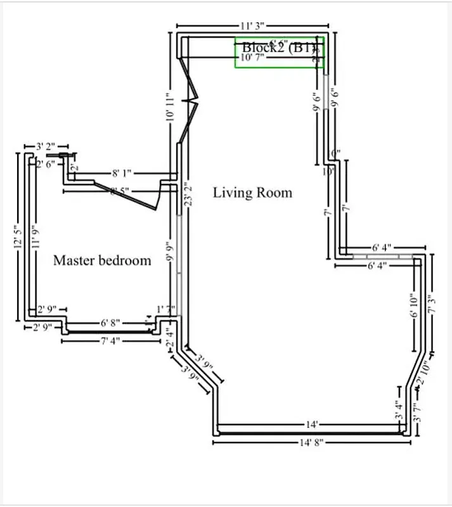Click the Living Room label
[252, 192]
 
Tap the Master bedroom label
[102, 260]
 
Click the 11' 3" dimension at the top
[252, 26]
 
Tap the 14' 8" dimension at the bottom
[311, 443]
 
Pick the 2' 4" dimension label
[169, 336]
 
